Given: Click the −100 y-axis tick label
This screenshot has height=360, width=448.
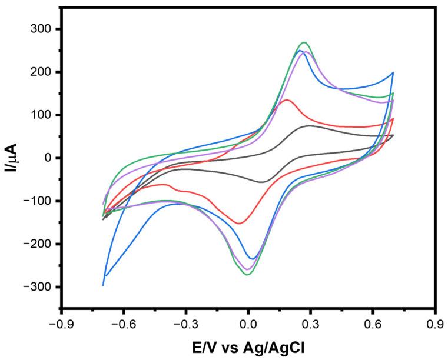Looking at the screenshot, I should [39, 201].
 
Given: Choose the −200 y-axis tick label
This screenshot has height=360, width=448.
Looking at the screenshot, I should [39, 244].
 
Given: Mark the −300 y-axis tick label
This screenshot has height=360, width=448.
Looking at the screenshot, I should [39, 286].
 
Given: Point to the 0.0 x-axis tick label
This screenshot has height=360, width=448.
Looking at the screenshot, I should [248, 324].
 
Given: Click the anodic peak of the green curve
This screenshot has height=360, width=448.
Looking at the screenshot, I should [304, 42].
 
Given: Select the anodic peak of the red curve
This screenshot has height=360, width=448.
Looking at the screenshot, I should [287, 100].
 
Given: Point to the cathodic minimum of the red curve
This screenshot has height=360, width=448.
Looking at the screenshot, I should [239, 223].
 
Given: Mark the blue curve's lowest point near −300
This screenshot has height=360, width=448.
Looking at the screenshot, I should [103, 285].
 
